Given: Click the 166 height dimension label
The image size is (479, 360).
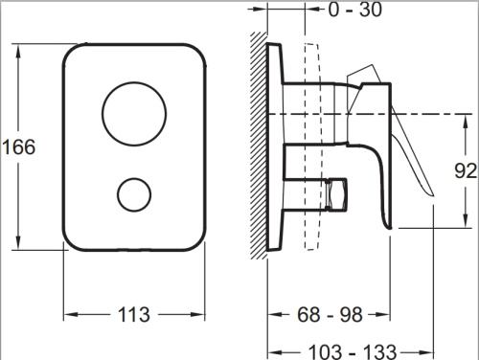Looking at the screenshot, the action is (x=18, y=147).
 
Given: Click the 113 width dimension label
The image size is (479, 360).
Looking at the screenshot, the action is (x=134, y=315).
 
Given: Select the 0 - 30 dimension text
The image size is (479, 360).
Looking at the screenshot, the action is (x=355, y=10).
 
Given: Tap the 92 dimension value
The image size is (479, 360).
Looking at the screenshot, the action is (x=466, y=171).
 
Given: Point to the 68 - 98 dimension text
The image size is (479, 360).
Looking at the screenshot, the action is (x=330, y=315).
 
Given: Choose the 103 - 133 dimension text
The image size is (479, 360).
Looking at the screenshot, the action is (x=353, y=351).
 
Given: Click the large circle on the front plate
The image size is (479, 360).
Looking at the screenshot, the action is (x=134, y=114).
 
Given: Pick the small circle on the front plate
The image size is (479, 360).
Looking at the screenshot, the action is (x=134, y=194).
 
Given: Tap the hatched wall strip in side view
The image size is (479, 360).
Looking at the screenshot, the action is (x=259, y=146).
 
